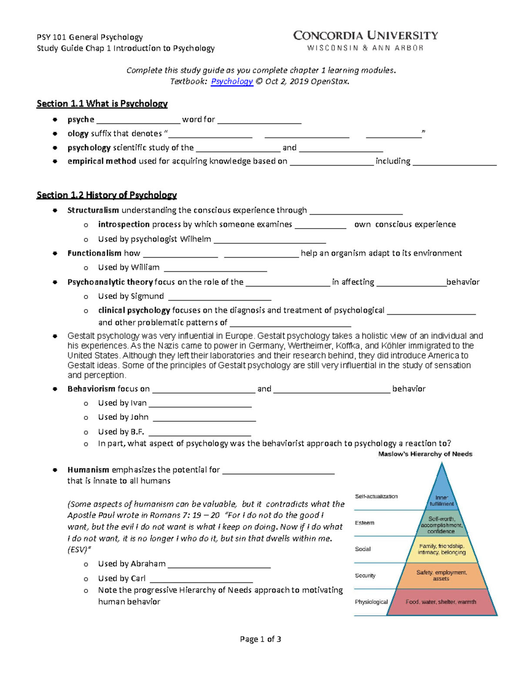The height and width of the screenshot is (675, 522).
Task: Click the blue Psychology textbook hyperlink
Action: (231, 82)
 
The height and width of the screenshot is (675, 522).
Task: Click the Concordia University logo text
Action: (365, 36)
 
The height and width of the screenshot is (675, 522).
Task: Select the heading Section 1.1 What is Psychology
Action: (102, 104)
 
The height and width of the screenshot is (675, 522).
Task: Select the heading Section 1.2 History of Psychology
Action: (107, 195)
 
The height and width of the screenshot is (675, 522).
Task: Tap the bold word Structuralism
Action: (93, 210)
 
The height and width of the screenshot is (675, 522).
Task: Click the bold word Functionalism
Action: (94, 253)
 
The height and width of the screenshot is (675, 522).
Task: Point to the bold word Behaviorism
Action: (91, 389)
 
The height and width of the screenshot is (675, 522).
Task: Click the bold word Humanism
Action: (88, 470)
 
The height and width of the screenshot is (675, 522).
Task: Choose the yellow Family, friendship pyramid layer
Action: (442, 549)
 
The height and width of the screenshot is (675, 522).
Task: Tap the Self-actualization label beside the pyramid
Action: (376, 496)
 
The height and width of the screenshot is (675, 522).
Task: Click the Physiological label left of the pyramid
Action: (371, 602)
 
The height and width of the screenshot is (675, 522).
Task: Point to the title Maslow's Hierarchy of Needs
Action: (425, 454)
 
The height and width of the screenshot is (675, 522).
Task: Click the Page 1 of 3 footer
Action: (261, 639)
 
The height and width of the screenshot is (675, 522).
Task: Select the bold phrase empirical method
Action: (102, 161)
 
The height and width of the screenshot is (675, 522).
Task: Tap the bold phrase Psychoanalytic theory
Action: (110, 282)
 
